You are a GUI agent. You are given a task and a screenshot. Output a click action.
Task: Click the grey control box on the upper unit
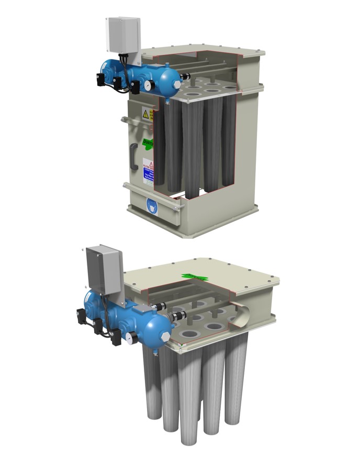123,35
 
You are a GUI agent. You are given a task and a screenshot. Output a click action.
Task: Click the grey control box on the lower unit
104,271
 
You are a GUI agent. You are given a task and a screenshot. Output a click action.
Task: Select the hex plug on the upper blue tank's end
177,84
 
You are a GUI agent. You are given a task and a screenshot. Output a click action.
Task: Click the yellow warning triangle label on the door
146,113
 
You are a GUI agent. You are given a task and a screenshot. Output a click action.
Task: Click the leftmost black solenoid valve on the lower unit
82,316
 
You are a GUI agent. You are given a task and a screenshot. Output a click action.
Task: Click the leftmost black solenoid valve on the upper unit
100,78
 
